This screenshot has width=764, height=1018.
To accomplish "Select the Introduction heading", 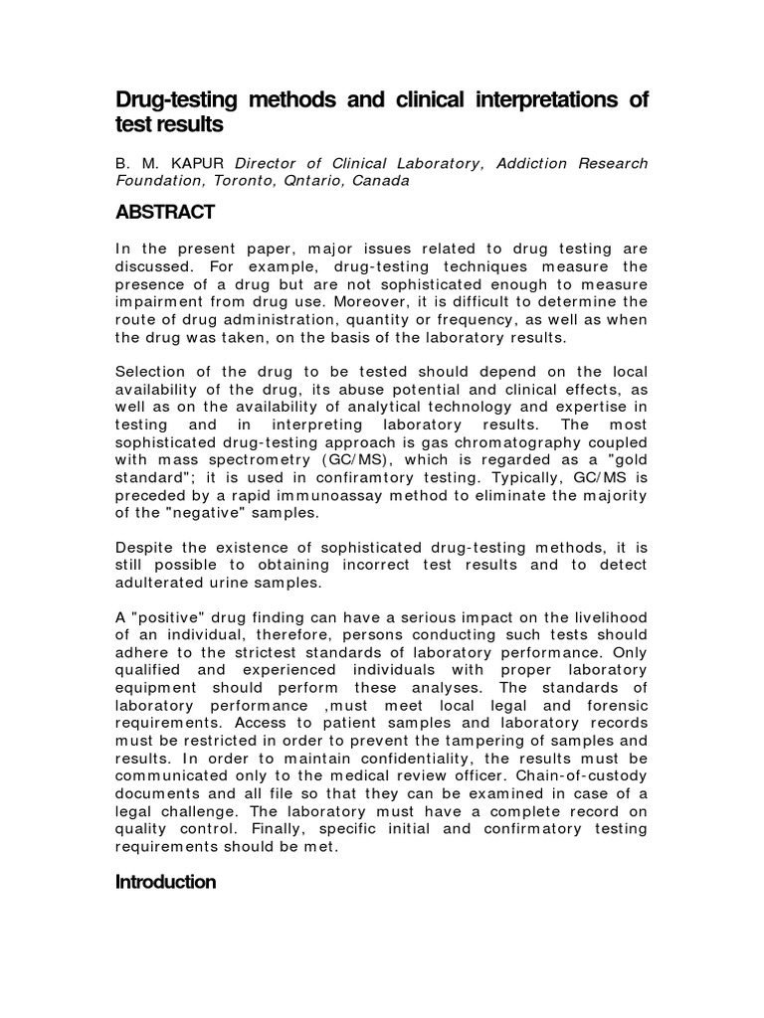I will [166, 882].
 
